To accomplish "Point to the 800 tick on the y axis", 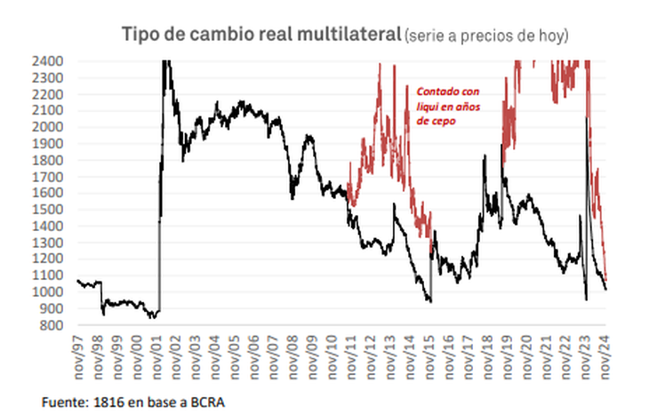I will coord(52,325).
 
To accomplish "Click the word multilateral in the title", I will coord(346,35).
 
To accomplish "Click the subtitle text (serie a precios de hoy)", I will coord(485,36).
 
